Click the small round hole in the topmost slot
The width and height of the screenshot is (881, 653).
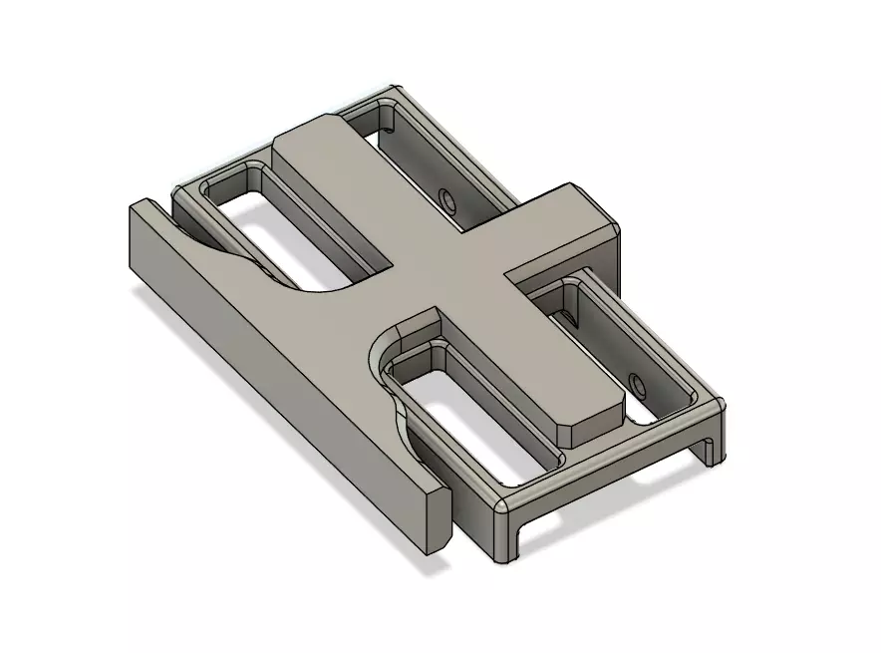coord(448,202)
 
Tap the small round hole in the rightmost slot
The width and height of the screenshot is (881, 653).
coord(634,383)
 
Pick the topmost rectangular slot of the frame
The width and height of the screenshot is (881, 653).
coord(419,160)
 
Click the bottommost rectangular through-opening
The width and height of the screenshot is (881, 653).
coord(468,409)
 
